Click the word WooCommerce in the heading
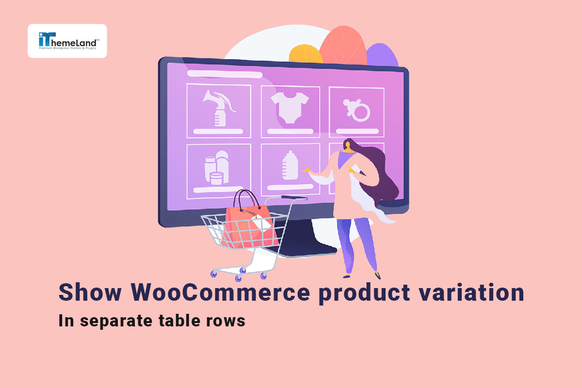point(220,292)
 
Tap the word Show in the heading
point(90,292)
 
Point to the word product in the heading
point(364,293)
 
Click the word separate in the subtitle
point(116,322)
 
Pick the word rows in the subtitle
point(226,322)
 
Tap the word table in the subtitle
point(179,320)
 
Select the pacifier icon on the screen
point(356,110)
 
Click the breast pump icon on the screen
point(219,108)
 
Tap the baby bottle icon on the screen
point(290,165)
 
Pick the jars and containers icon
point(216,168)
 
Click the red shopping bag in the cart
point(249,226)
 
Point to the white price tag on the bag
point(261,222)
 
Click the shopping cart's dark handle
point(294,198)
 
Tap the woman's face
point(348,145)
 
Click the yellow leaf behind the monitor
point(306,54)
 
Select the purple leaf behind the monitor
point(382,55)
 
